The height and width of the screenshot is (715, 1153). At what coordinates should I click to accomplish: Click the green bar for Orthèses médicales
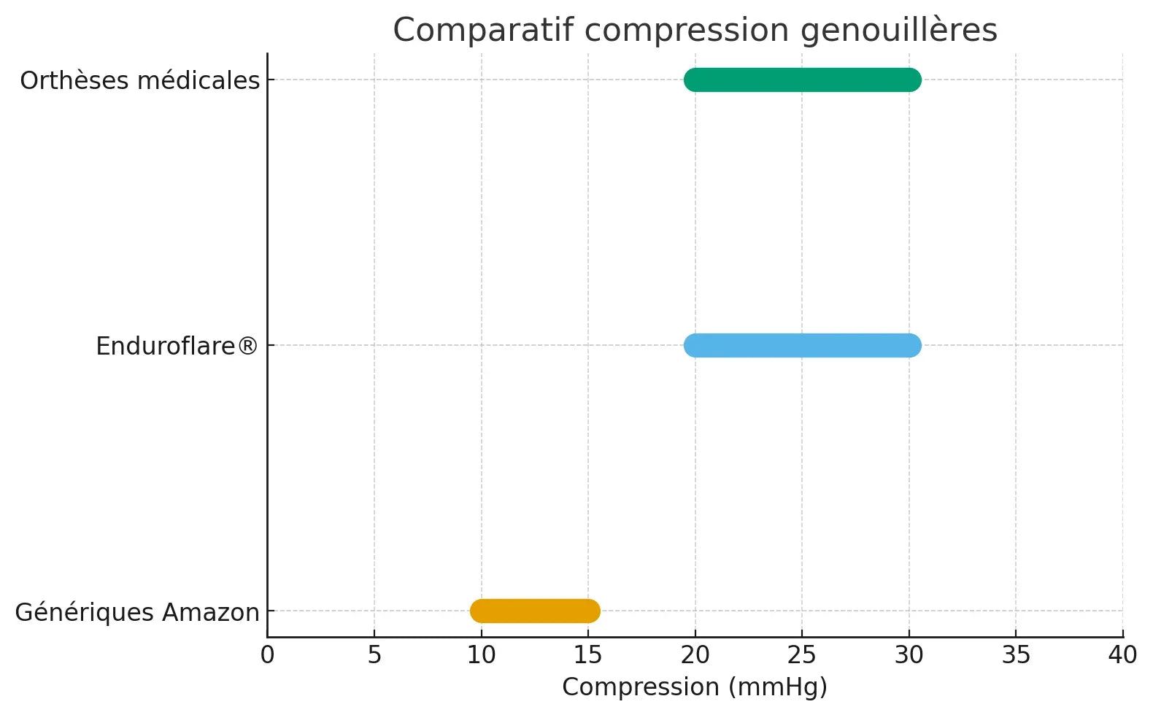[x=802, y=80]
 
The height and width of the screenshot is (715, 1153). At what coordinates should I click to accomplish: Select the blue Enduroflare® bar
[x=802, y=345]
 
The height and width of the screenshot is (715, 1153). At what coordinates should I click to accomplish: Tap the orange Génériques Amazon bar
[x=535, y=611]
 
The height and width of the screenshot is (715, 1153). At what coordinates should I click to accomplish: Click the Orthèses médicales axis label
[x=139, y=80]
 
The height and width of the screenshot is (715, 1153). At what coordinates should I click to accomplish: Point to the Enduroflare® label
[x=177, y=346]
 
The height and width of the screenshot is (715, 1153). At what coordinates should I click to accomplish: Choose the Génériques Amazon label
[x=137, y=612]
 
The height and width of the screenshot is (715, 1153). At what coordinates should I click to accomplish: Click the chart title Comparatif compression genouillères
[x=695, y=31]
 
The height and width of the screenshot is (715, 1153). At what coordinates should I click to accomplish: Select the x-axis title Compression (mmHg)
[x=695, y=687]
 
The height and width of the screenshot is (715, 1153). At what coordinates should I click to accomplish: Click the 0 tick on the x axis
[x=268, y=655]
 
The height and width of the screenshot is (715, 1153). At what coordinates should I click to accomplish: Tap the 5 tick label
[x=374, y=655]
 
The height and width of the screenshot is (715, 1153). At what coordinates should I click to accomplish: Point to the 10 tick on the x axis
[x=482, y=655]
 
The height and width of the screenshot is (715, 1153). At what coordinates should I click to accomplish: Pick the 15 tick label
[x=588, y=655]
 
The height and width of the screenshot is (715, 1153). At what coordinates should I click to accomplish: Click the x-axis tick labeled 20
[x=695, y=655]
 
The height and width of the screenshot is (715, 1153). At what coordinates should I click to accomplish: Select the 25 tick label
[x=802, y=655]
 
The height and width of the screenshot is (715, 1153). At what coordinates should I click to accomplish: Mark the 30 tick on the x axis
[x=909, y=655]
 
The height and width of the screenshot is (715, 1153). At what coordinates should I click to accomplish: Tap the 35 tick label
[x=1016, y=655]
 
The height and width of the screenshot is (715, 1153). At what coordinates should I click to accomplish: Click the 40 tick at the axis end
[x=1122, y=655]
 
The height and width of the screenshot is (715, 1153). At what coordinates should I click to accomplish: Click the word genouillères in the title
[x=898, y=31]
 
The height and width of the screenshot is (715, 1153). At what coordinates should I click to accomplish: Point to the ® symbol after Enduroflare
[x=248, y=346]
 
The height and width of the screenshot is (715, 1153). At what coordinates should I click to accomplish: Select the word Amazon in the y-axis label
[x=211, y=612]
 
